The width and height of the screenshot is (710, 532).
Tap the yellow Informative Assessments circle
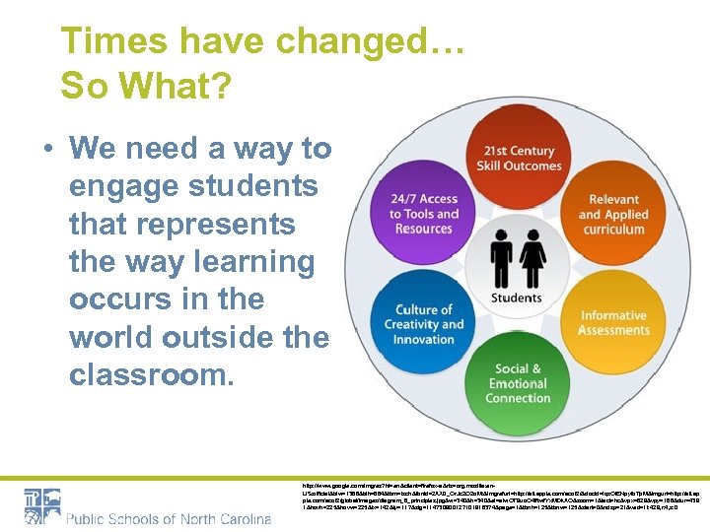(612, 322)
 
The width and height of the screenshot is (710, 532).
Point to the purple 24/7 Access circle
(425, 214)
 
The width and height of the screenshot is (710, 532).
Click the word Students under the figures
(517, 298)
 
